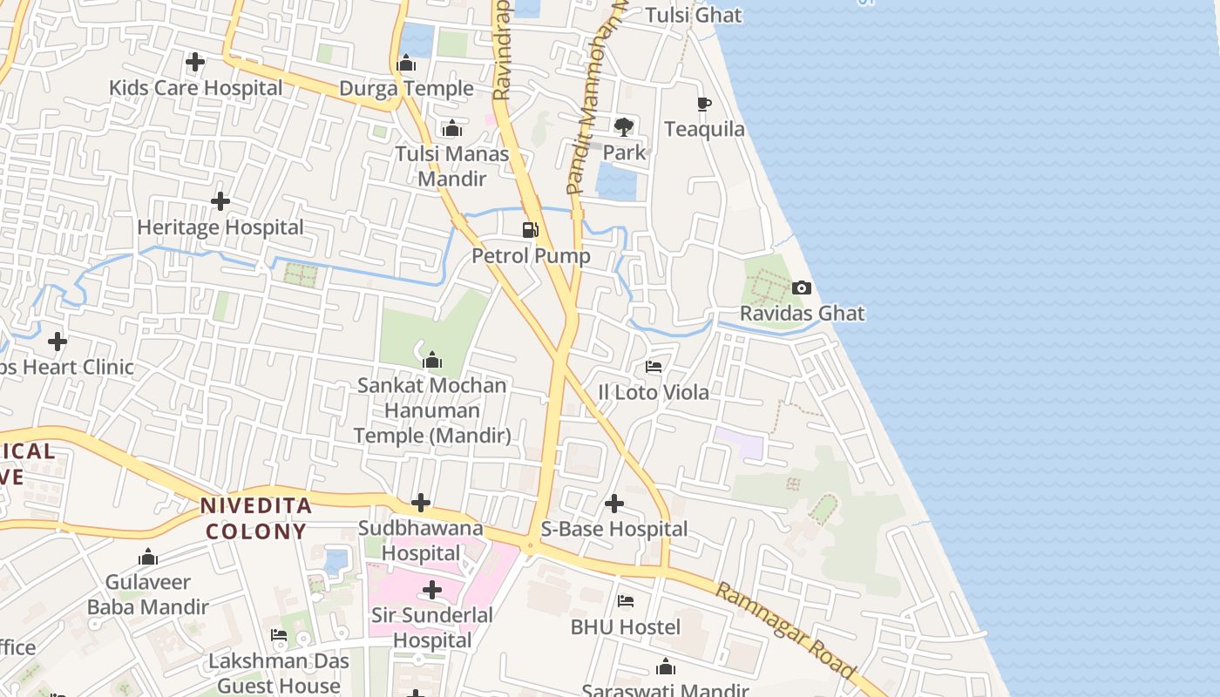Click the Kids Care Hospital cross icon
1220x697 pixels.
(195, 62)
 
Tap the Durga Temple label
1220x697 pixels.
(406, 88)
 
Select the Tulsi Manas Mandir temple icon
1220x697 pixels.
(451, 129)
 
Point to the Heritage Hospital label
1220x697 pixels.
(220, 227)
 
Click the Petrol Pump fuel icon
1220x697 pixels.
(530, 230)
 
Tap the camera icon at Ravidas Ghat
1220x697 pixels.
(801, 288)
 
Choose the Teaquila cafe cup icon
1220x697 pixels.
(704, 104)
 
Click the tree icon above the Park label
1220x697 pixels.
(624, 127)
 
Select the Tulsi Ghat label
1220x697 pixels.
(694, 15)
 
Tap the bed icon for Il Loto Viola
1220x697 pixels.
(654, 367)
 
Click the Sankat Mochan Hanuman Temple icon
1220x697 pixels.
(432, 360)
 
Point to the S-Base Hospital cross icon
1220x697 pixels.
(614, 504)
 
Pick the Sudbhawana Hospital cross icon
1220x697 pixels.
(421, 503)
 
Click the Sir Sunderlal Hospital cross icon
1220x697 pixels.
(432, 591)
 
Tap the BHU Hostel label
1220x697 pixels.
(625, 626)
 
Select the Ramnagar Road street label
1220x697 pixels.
(784, 629)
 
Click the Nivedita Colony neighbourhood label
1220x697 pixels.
(255, 518)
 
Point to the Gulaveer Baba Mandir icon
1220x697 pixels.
(148, 557)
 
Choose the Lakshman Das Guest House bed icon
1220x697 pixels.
(279, 635)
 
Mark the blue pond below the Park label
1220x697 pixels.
(615, 181)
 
